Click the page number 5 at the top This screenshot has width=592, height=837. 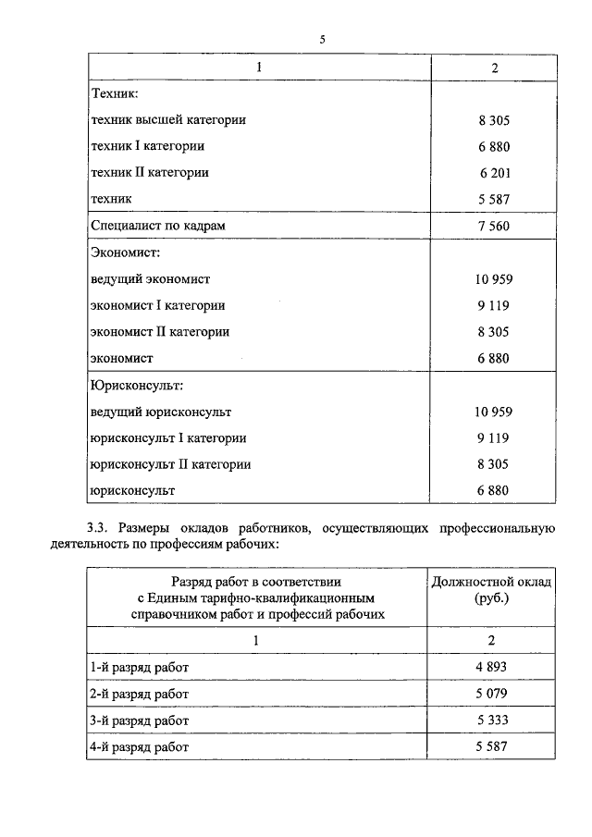(322, 40)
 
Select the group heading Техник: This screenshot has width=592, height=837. (114, 93)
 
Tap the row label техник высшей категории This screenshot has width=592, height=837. (168, 120)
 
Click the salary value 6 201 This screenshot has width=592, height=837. (494, 173)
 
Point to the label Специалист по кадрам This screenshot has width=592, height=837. (158, 225)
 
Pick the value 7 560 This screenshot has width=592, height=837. (494, 226)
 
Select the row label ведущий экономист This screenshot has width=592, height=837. (151, 278)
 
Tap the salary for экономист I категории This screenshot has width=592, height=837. (494, 305)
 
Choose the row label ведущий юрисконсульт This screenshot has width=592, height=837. (161, 412)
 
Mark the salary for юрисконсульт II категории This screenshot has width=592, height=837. (494, 464)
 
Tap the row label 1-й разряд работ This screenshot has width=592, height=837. (142, 667)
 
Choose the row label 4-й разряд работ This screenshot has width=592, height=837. (142, 745)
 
